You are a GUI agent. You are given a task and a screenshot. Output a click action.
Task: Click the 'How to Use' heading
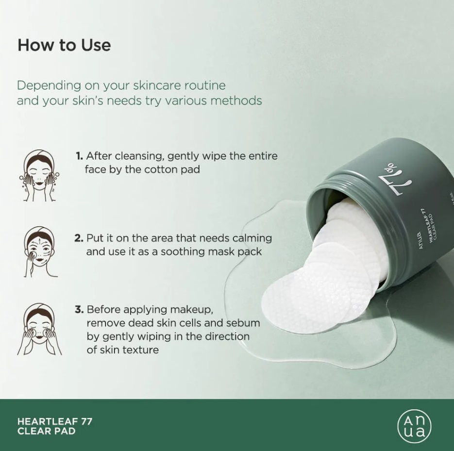click(64, 45)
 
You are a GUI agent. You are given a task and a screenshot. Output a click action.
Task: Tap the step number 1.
click(79, 156)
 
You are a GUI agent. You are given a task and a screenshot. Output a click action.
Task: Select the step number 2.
click(79, 238)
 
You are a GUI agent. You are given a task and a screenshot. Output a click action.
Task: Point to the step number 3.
click(79, 309)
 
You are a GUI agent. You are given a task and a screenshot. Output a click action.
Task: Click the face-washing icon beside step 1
click(39, 175)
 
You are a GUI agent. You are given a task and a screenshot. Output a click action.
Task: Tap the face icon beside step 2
click(40, 252)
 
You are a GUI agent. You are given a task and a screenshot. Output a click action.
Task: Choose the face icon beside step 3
click(39, 329)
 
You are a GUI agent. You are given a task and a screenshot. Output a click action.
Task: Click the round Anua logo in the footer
click(414, 426)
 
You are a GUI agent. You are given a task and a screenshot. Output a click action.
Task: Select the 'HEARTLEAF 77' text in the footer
click(55, 421)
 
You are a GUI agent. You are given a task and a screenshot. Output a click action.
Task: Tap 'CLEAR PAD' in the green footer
click(46, 431)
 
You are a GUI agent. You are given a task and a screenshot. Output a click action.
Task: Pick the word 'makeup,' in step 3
click(192, 310)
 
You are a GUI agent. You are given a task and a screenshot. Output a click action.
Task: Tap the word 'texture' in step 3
click(140, 350)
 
